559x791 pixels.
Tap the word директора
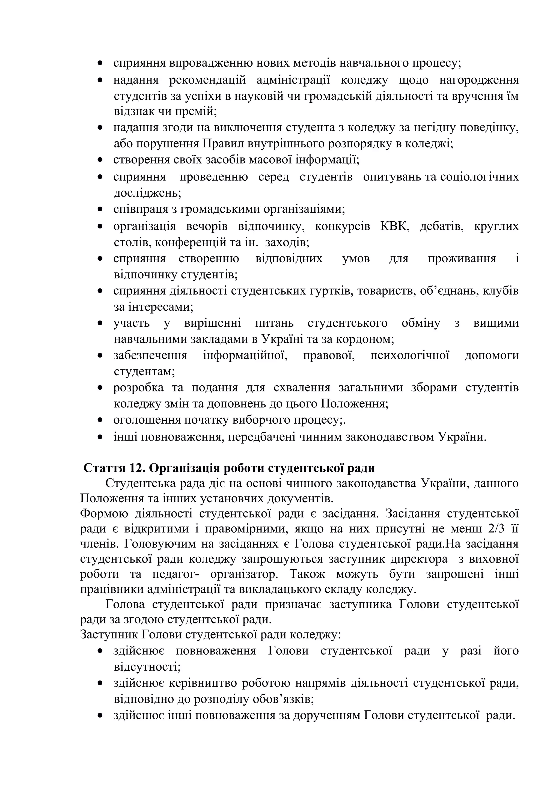(x=419, y=559)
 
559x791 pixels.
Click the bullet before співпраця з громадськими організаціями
(x=100, y=209)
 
